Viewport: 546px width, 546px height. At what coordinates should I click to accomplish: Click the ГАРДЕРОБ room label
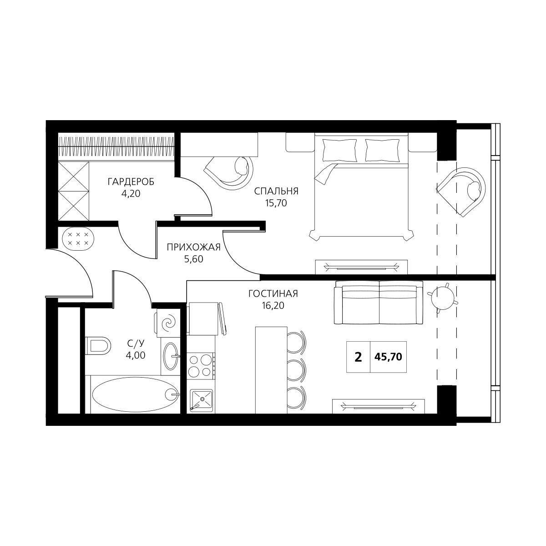click(131, 182)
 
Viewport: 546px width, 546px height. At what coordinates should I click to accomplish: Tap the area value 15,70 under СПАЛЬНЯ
click(276, 203)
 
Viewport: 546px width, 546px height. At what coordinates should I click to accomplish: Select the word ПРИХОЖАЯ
click(193, 248)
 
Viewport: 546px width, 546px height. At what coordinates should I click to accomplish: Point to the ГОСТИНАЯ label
click(273, 294)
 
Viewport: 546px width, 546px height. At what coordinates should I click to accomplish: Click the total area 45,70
click(388, 357)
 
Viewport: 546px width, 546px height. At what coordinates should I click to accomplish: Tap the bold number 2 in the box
click(358, 357)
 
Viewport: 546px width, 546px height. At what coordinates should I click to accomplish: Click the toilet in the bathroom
click(97, 345)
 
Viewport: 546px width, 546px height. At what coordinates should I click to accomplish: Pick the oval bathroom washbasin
click(171, 356)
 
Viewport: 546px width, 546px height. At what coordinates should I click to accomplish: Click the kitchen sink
click(201, 400)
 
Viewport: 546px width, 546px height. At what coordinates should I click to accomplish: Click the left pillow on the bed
click(340, 150)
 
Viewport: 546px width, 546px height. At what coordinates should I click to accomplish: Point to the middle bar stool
click(297, 370)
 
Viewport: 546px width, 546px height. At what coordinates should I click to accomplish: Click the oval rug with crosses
click(78, 239)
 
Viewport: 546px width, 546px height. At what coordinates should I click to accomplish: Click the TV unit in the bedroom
click(361, 267)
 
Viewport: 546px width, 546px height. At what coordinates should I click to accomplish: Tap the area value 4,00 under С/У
click(136, 355)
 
